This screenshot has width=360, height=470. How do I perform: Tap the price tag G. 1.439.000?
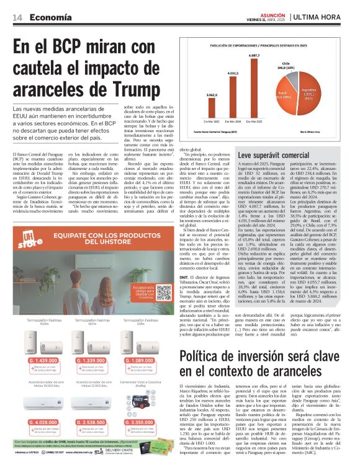point(39,361)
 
